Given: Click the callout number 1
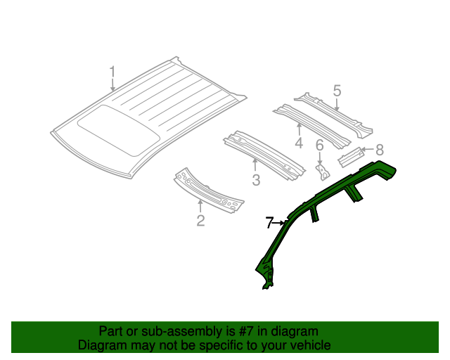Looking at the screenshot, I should pyautogui.click(x=112, y=72).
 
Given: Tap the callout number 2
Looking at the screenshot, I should pyautogui.click(x=200, y=221).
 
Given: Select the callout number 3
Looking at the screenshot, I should pyautogui.click(x=256, y=180).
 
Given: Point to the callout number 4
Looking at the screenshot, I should pyautogui.click(x=298, y=143).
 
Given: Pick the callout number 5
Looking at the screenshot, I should pyautogui.click(x=337, y=91).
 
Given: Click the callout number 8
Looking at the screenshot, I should pyautogui.click(x=380, y=149).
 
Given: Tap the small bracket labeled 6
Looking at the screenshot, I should pyautogui.click(x=323, y=170).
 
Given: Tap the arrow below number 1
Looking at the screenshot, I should pyautogui.click(x=112, y=86).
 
